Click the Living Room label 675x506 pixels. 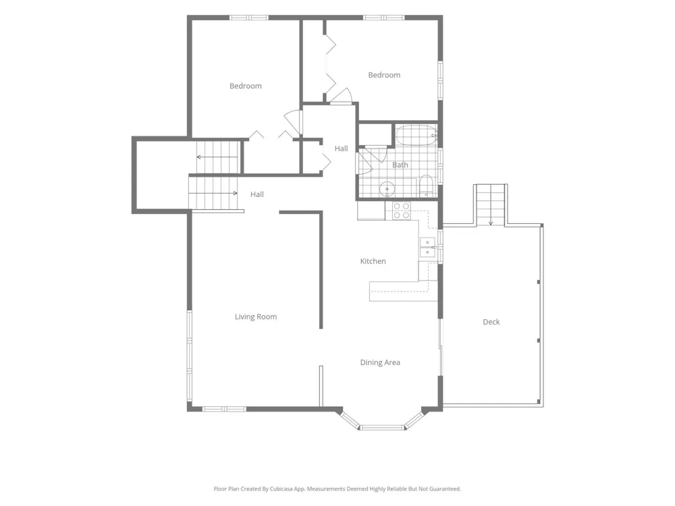[256, 316]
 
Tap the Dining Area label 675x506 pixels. [380, 362]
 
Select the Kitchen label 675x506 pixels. [373, 261]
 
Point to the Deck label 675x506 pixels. [491, 322]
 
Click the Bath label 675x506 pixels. [400, 165]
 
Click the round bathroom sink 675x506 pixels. [387, 189]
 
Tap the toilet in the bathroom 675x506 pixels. [426, 186]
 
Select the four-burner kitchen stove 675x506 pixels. [401, 210]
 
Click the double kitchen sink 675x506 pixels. [427, 248]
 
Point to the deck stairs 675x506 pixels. [490, 205]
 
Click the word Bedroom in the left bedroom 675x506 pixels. [246, 86]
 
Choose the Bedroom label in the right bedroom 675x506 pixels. [384, 75]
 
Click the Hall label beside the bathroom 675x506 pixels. [341, 148]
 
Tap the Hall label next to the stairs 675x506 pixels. [257, 194]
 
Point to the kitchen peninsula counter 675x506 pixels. [404, 291]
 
